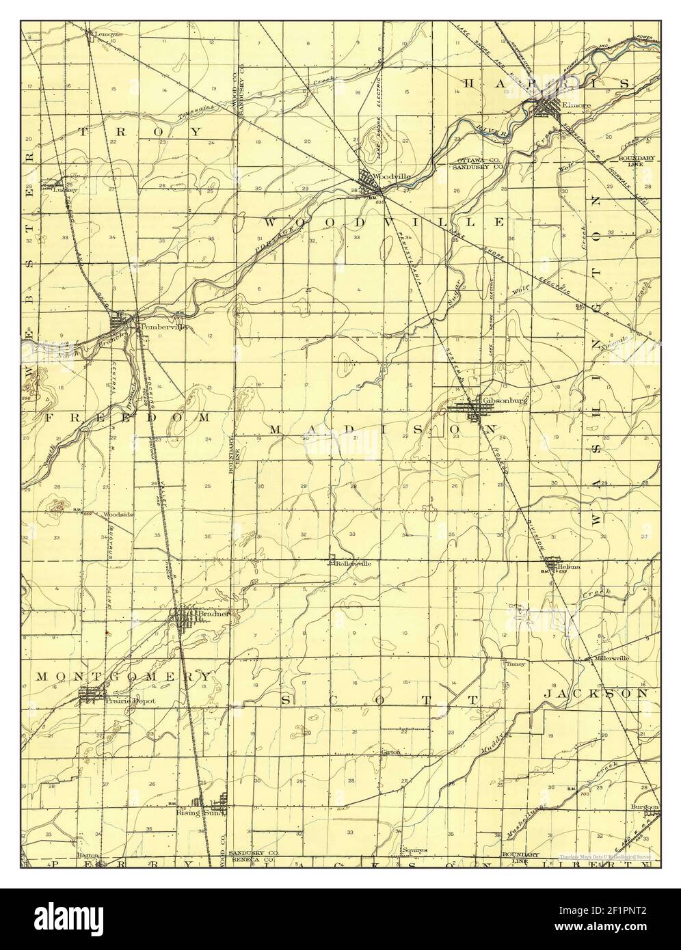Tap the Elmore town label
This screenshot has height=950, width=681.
click(570, 105)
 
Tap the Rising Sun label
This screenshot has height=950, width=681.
click(191, 813)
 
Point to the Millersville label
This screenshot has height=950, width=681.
click(611, 658)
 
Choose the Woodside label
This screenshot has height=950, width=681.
click(118, 513)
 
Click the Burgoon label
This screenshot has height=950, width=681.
click(645, 807)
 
